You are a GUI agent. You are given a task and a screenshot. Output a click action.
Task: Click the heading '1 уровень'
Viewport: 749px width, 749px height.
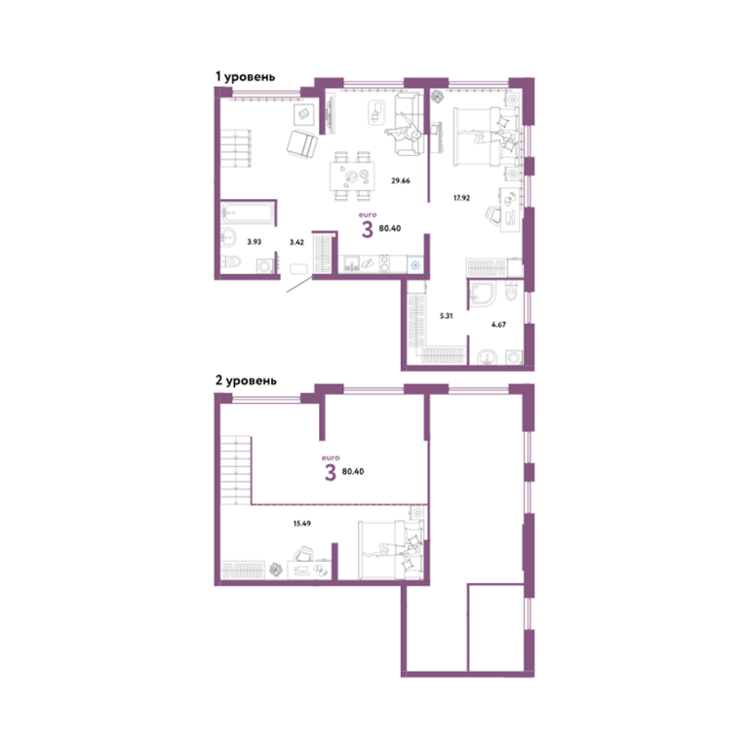click(x=245, y=76)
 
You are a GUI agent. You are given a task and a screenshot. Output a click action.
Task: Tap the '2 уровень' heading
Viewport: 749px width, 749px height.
click(x=246, y=380)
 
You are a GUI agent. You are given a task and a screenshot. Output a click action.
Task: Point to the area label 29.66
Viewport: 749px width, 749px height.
click(x=400, y=180)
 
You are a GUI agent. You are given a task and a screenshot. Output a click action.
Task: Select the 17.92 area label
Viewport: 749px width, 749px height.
click(x=461, y=198)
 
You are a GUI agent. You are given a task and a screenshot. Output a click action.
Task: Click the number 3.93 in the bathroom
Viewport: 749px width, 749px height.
click(x=255, y=242)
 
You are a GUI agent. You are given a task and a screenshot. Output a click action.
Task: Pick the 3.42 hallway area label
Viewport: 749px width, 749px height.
click(x=296, y=242)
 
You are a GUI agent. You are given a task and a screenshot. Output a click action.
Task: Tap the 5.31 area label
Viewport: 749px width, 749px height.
click(x=446, y=316)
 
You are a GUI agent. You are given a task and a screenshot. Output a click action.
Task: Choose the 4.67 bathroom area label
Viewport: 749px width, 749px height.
click(x=498, y=325)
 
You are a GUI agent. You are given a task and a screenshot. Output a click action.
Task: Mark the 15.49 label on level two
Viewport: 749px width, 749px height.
click(x=302, y=524)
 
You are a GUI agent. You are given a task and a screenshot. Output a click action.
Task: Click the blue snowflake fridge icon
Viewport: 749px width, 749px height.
click(x=415, y=265)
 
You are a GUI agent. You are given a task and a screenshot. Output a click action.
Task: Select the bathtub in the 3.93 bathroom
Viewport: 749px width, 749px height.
click(x=248, y=213)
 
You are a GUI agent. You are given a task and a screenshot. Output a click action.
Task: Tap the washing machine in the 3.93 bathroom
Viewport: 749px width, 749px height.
click(x=265, y=265)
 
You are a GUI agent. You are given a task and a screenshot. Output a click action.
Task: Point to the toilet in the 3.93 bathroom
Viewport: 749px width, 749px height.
click(x=232, y=261)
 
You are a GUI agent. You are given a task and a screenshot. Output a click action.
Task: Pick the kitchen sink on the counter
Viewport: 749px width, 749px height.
click(x=352, y=264)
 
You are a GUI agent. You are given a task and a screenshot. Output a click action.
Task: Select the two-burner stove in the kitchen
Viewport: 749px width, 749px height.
click(x=384, y=264)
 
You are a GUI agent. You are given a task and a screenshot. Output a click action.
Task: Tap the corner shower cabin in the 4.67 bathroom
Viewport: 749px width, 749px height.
click(x=483, y=293)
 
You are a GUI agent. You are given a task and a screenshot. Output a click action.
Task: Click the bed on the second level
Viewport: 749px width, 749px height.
click(x=391, y=549)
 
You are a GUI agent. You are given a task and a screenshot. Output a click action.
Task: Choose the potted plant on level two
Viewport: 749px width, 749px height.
click(x=276, y=570)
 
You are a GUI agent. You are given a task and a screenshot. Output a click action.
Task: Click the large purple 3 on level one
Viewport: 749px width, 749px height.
click(x=367, y=230)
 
